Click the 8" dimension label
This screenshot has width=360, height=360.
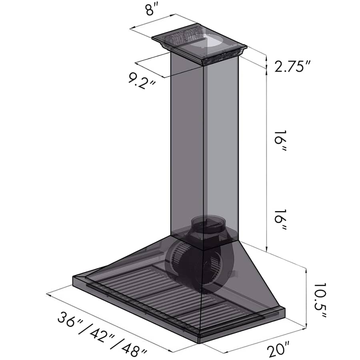tap(151, 10)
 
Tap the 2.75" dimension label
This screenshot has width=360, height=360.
tap(292, 67)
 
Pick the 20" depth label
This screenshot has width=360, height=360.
tap(278, 348)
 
